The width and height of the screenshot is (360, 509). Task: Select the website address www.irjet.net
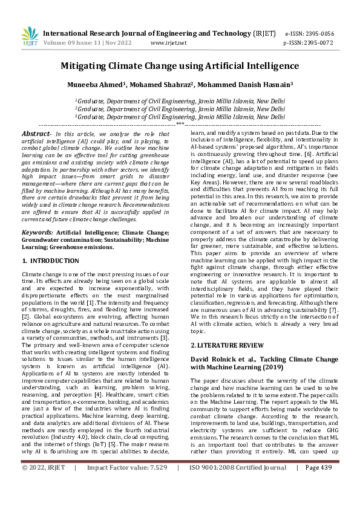(168, 44)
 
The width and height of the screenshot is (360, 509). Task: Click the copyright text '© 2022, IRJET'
(44, 501)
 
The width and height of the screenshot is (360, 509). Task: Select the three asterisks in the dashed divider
(180, 123)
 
